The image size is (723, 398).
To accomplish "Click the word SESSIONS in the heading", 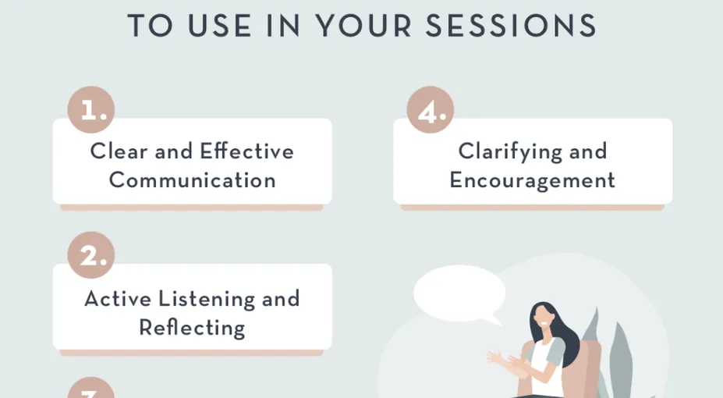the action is pos(511,26).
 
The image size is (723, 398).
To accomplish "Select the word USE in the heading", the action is pos(220,26).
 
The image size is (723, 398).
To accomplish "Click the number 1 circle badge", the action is pos(91,110).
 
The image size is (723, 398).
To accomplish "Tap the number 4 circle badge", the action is pos(431,110).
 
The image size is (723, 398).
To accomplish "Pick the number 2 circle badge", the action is pos(91,255).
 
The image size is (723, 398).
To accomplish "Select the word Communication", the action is pos(193,179).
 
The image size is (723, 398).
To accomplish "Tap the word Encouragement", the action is pos(533,180).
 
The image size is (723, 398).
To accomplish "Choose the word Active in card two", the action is pos(118,299).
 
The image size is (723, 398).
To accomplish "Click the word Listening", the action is pos(207,300).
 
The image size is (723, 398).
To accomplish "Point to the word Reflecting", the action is pos(193,329).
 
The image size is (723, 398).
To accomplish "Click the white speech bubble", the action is pos(459,294).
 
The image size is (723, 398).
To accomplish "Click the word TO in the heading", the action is pos(151,26).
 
